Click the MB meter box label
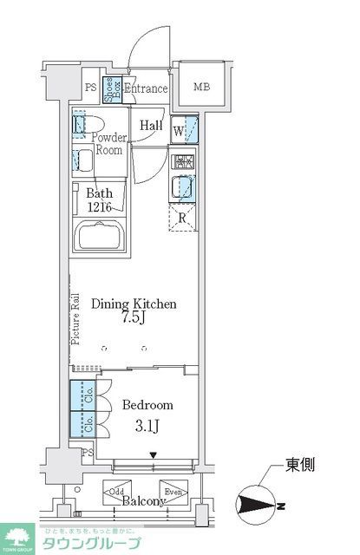(201, 87)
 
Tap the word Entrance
(145, 88)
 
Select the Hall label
(151, 123)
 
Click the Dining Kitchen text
(134, 304)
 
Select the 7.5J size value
(136, 321)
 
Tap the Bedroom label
(147, 405)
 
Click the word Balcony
(143, 501)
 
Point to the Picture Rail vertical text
(75, 320)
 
